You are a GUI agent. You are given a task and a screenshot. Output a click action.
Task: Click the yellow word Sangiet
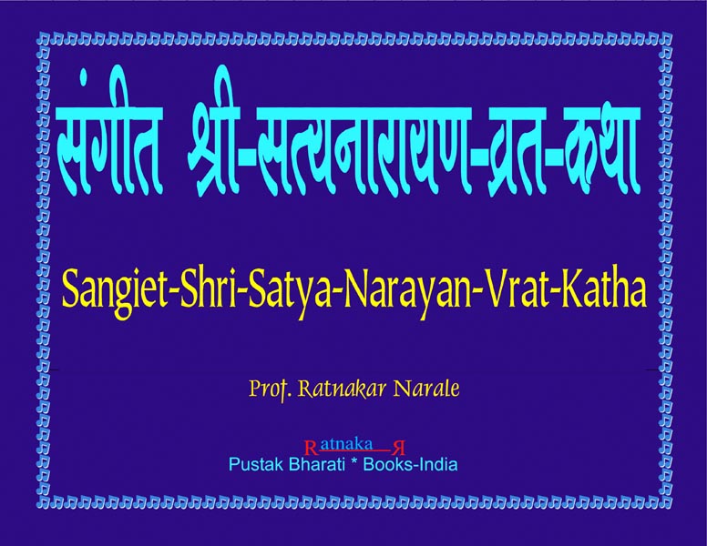coord(114,291)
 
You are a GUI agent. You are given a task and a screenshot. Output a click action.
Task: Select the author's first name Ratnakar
coord(343,389)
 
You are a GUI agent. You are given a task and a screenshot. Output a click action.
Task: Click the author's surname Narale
coord(426,389)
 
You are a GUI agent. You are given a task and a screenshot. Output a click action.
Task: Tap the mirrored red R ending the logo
coord(399,449)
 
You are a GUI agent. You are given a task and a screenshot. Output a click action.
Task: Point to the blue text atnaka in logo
coord(346,444)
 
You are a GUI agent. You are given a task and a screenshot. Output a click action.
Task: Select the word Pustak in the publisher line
coord(257,464)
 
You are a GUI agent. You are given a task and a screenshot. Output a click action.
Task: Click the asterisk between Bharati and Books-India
coord(353,462)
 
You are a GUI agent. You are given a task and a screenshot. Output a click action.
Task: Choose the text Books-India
coord(410,464)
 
